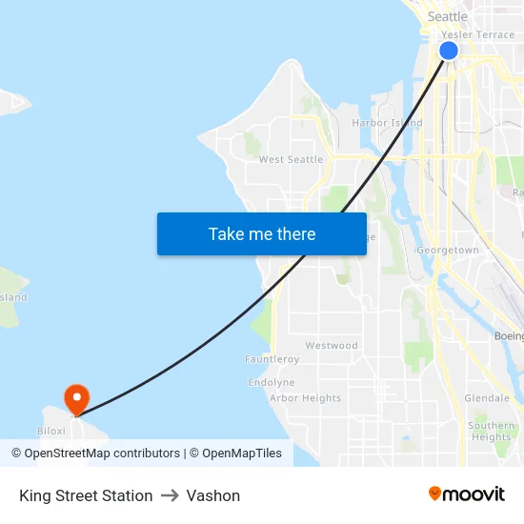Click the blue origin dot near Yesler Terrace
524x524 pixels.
point(449,50)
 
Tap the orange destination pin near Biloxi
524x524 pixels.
point(76,398)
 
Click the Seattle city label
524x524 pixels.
point(447,16)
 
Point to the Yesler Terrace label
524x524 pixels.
point(477,34)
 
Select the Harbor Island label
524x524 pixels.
point(387,123)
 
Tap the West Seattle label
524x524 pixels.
point(291,159)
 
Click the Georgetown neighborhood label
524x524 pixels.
point(448,250)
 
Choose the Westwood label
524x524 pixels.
point(332,345)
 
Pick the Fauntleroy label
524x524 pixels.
point(272,359)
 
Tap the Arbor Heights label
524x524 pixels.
point(305,398)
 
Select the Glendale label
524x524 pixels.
point(487,397)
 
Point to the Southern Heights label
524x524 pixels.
point(492,432)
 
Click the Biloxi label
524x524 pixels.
point(51,431)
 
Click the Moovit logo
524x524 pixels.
point(466,494)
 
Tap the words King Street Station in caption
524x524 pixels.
point(86,495)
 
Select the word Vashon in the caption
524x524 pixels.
point(213,495)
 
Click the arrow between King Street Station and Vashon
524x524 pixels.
point(170,495)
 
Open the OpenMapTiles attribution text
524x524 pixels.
point(238,453)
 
